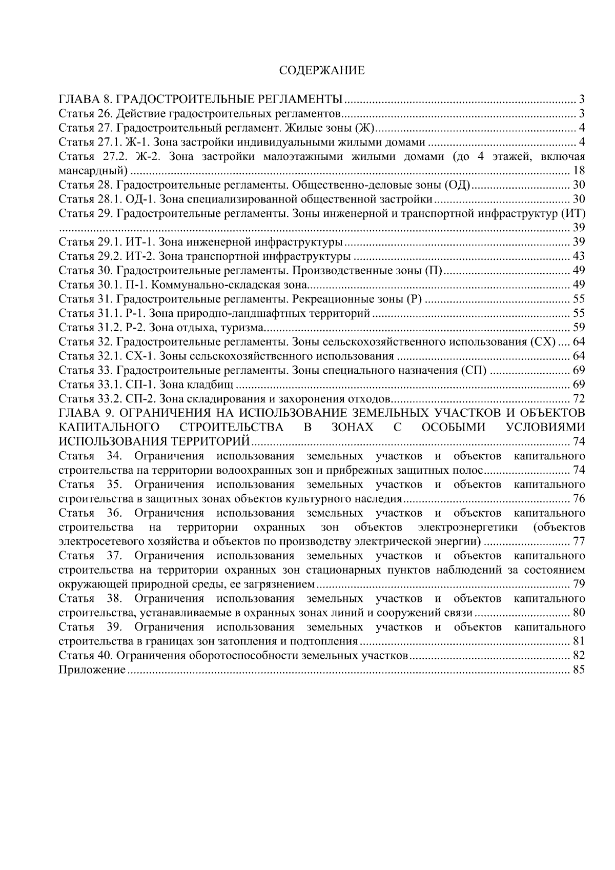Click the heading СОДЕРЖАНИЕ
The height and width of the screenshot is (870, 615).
321,71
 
